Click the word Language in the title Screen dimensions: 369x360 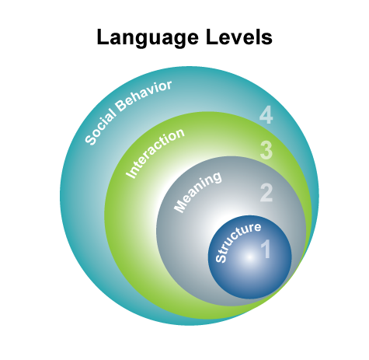click(x=148, y=38)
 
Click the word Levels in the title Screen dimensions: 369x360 click(x=239, y=37)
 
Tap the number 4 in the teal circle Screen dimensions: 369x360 click(x=266, y=115)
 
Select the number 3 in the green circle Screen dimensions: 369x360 click(x=266, y=150)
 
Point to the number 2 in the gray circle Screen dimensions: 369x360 click(x=266, y=193)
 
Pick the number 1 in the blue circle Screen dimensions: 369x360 click(x=266, y=249)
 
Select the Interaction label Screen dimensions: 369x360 click(x=155, y=153)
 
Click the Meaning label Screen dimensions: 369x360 click(x=197, y=192)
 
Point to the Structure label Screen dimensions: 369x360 click(x=238, y=242)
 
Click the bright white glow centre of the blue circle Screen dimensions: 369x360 click(x=249, y=257)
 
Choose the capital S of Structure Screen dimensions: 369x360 click(x=221, y=257)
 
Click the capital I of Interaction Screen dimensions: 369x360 click(x=131, y=174)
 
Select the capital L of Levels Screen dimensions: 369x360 click(x=211, y=37)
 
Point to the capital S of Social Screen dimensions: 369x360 click(x=91, y=140)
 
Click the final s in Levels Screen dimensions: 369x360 click(x=267, y=40)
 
